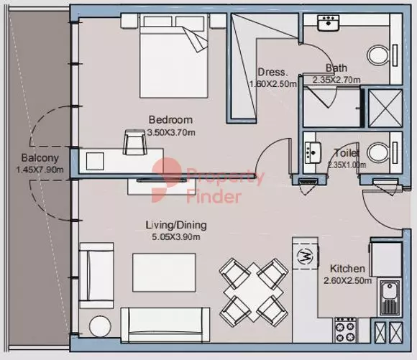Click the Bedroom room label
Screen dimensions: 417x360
coord(170,120)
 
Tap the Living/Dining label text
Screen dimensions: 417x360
coord(176,225)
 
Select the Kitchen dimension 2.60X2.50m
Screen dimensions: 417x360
coord(347,280)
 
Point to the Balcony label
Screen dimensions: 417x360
coord(40,157)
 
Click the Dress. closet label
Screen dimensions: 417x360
coord(273,72)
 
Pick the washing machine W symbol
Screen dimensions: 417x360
coord(305,257)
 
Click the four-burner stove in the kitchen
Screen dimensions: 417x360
coord(345,330)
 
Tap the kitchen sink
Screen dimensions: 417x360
coord(390,297)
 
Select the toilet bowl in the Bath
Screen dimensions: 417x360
coord(378,56)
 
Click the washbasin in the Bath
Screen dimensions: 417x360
coord(329,23)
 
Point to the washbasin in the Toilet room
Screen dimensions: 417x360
coord(313,152)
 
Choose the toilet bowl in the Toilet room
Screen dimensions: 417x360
coord(378,153)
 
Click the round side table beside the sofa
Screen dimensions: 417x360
coord(100,326)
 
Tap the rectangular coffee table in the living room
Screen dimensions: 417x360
coord(164,272)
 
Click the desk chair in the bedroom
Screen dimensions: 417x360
coord(135,142)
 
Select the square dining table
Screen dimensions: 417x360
coord(254,292)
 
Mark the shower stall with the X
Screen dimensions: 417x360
coord(385,109)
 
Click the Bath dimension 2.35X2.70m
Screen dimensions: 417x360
coord(336,80)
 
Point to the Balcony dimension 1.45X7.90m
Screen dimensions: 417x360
coord(40,170)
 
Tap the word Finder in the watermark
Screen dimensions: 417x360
coord(214,197)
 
